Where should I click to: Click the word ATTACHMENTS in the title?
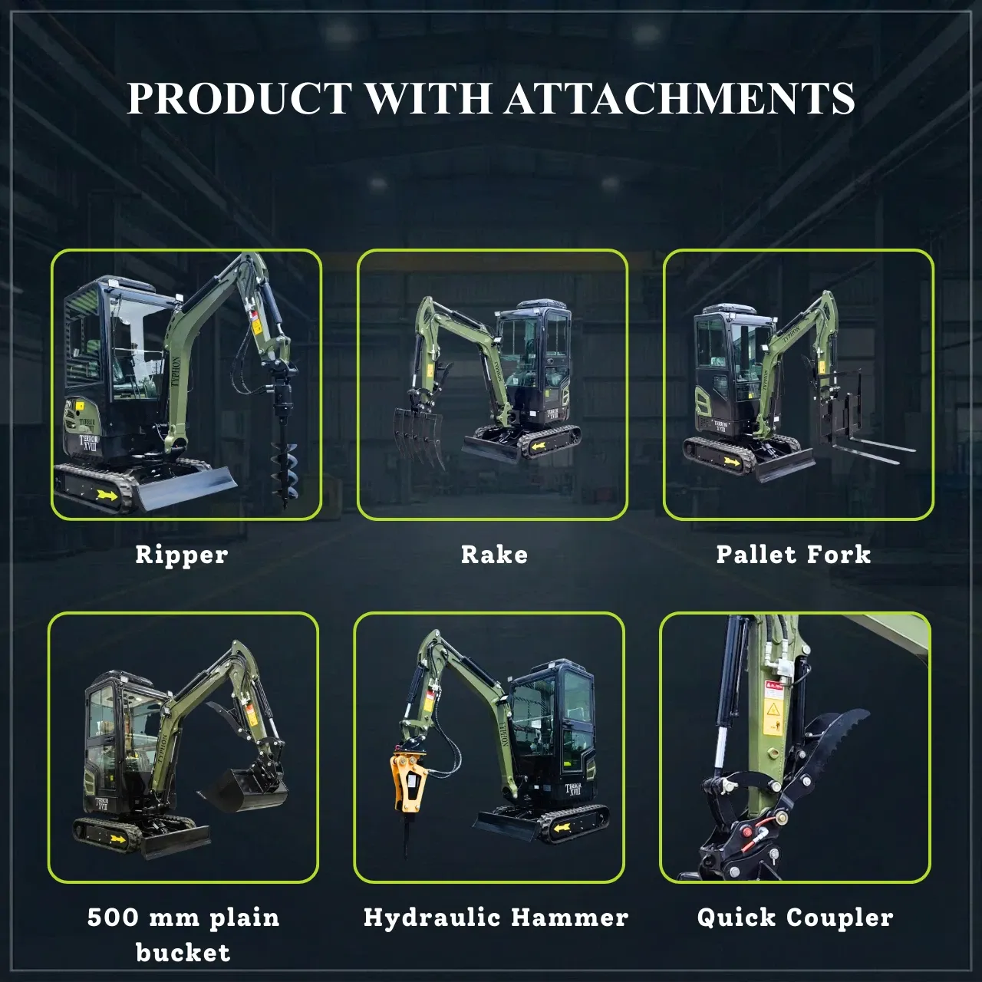click(680, 97)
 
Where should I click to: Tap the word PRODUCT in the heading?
click(239, 97)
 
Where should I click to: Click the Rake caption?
click(494, 555)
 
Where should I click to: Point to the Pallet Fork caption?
click(793, 555)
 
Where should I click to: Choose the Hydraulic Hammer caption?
click(496, 918)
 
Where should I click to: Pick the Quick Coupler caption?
click(795, 918)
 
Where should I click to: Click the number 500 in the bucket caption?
click(113, 918)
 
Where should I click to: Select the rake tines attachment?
click(418, 437)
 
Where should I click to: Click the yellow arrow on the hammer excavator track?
click(562, 829)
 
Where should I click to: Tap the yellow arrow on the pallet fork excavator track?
click(732, 460)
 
